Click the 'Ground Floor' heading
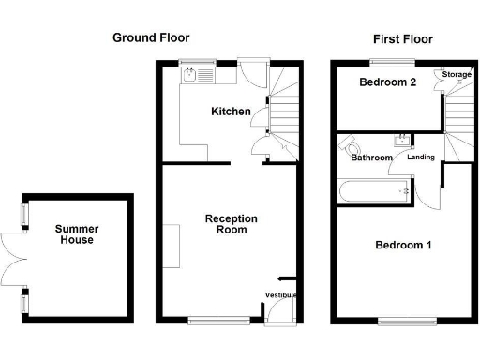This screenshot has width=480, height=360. tap(151, 38)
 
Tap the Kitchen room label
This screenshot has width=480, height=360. tap(231, 112)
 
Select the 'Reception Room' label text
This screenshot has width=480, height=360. tap(232, 224)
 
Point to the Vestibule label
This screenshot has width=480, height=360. tap(281, 295)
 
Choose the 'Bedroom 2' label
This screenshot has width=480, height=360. tap(387, 82)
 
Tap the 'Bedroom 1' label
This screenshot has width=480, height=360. tap(403, 246)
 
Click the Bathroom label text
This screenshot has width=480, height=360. tap(371, 157)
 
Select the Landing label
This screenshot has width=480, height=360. tap(420, 157)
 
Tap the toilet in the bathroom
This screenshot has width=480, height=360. tap(352, 147)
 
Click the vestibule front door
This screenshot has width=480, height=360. tap(278, 320)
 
